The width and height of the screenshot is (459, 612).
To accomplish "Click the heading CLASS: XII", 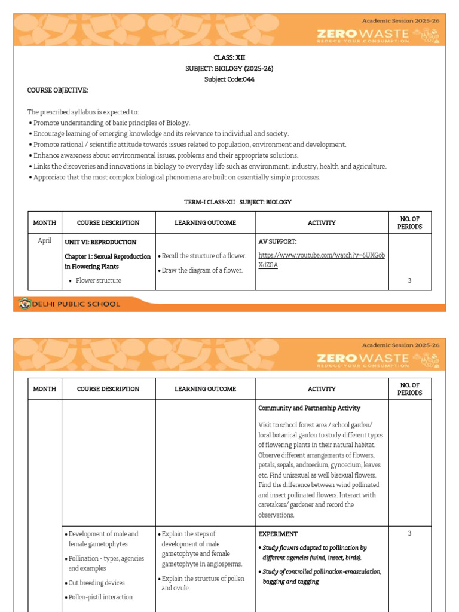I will (x=229, y=57).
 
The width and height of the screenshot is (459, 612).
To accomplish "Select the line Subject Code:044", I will (x=229, y=79).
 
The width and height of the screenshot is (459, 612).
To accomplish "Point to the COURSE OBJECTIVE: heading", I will (x=58, y=90).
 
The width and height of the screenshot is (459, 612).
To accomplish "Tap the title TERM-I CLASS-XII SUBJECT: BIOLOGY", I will (x=237, y=202).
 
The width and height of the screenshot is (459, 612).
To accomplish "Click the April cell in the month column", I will (x=45, y=241).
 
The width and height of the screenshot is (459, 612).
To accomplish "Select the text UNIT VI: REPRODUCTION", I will (x=100, y=242).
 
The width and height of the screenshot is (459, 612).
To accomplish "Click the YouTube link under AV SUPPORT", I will (x=321, y=260).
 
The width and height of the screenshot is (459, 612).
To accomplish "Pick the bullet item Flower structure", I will (x=98, y=280).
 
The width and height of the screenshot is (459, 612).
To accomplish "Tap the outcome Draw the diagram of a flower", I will (x=202, y=270).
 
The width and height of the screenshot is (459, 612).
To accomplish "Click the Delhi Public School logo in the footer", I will (x=25, y=304).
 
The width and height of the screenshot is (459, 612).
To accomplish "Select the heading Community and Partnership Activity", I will (x=309, y=408).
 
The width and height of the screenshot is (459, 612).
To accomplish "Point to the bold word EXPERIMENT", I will (x=278, y=534).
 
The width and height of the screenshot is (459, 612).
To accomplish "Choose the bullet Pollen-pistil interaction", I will (x=100, y=597).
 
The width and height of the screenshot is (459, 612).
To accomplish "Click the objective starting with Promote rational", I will (x=189, y=145).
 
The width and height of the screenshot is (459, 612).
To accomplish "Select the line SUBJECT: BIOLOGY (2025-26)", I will (x=229, y=68).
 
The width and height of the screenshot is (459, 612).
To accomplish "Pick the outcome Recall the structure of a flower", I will (x=204, y=256).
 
